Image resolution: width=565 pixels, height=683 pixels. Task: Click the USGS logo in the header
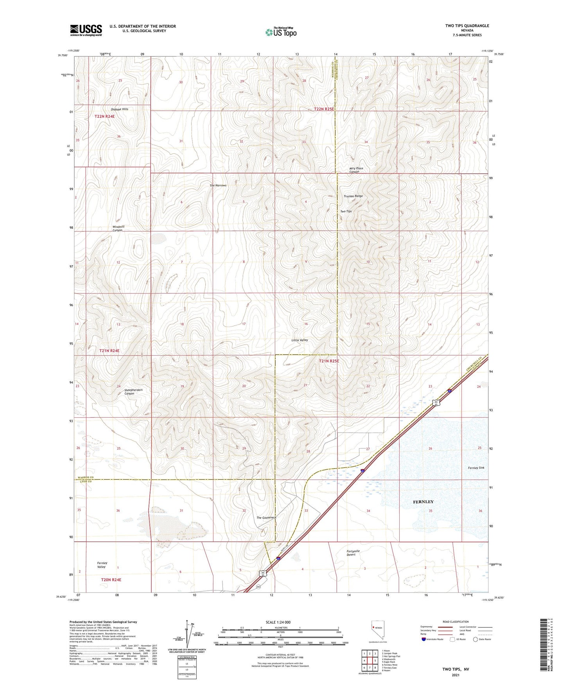pos(86,30)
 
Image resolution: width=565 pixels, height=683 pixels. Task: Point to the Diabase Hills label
pos(119,109)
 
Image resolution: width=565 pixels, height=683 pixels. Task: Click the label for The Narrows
pos(218,185)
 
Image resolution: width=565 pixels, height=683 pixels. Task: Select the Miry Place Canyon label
pos(356,170)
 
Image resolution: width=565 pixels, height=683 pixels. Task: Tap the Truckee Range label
pos(353,196)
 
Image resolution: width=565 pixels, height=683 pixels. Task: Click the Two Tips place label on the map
pos(346,211)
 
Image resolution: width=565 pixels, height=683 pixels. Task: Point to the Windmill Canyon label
pos(118,228)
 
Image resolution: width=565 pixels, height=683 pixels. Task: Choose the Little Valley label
pos(300,340)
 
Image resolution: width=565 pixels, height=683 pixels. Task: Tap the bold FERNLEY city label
pos(423,501)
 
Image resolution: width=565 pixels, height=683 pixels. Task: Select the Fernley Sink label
pos(476,468)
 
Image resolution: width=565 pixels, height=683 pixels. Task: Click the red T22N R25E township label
pos(324,109)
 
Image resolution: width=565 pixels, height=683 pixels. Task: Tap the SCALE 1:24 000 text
pos(278,622)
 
